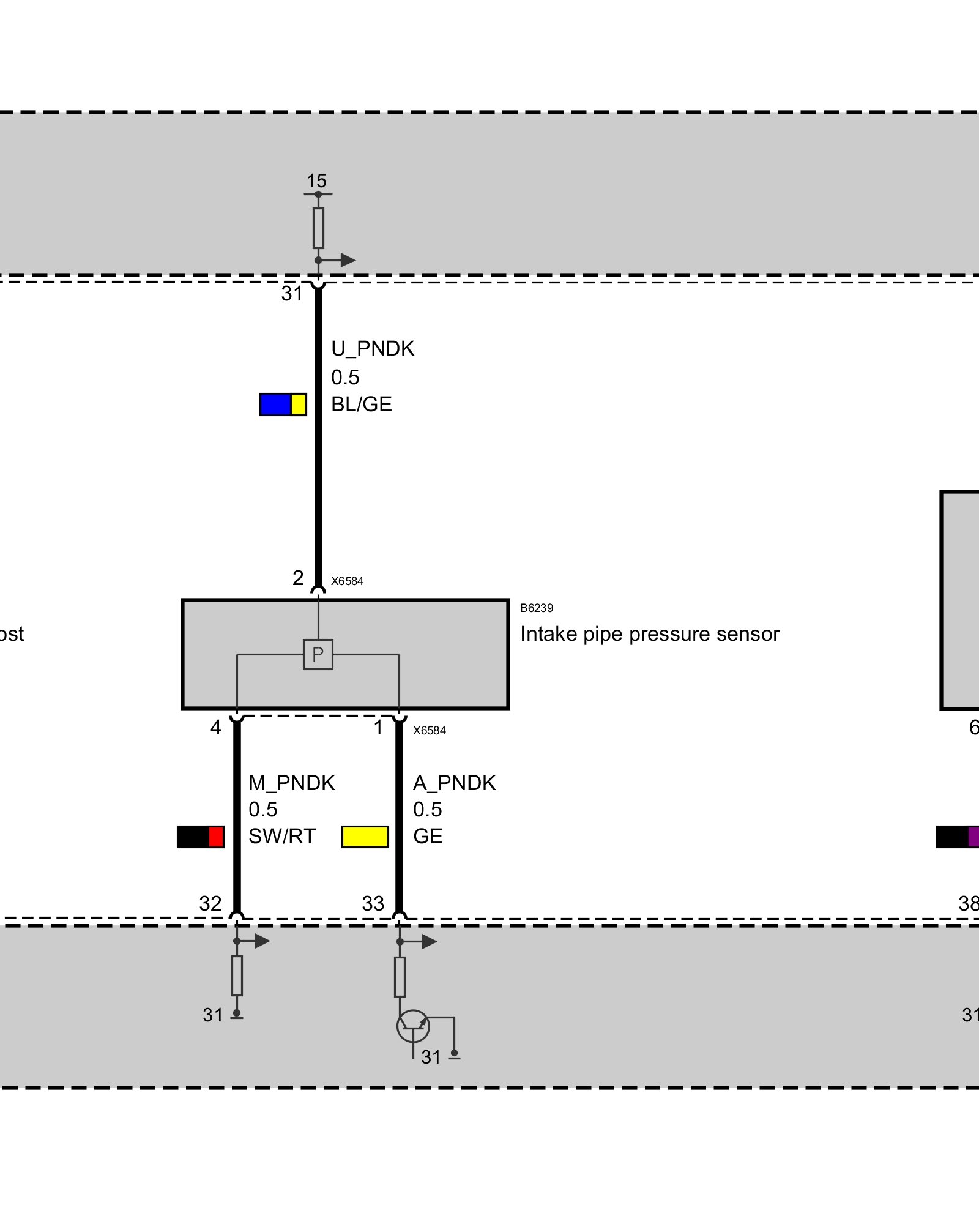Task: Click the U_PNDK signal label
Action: pos(373,349)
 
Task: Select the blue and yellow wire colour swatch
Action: pos(283,405)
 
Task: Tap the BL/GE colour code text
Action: pos(362,405)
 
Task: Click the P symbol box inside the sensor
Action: pos(318,654)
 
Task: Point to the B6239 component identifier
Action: pos(537,608)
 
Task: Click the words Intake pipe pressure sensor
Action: pos(649,634)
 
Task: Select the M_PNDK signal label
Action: pos(292,783)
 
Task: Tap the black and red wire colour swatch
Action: pos(201,837)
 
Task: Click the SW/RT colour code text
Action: pos(282,836)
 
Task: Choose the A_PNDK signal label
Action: pos(454,783)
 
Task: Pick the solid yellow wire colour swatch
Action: pos(365,837)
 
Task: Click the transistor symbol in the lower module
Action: pos(413,1026)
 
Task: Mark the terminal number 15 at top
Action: pos(316,181)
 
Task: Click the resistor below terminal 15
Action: pos(318,228)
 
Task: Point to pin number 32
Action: pos(210,903)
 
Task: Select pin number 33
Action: pos(373,903)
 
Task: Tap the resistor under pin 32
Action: pos(237,976)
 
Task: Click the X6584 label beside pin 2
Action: pos(347,581)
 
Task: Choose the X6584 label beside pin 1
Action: pos(430,730)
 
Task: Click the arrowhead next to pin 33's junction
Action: pos(429,941)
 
